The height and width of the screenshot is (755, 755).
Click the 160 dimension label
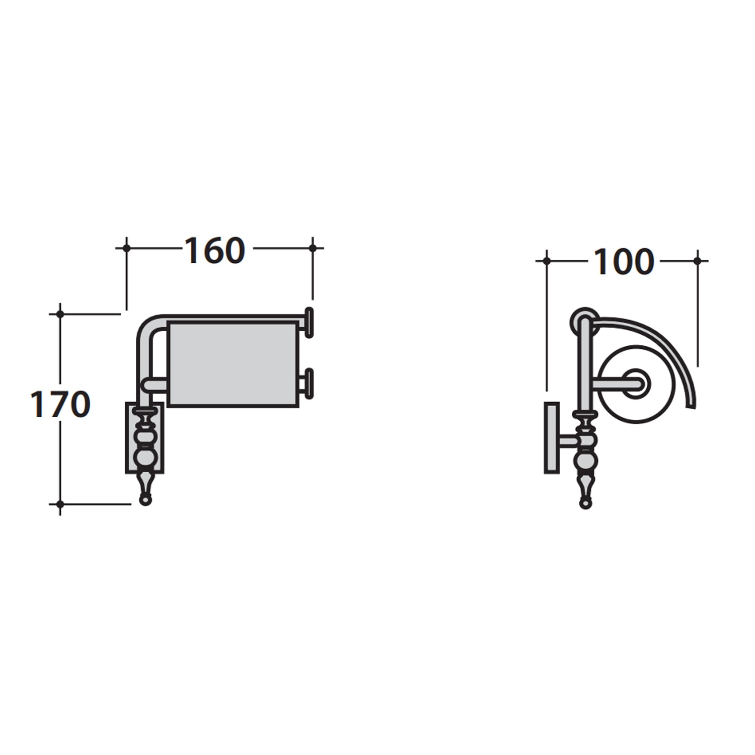215,251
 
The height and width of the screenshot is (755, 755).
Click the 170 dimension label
60,404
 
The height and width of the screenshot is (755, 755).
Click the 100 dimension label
624,262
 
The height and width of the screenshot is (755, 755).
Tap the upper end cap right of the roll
309,322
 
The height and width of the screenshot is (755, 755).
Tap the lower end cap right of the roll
309,384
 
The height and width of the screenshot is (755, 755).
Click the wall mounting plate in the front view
144,437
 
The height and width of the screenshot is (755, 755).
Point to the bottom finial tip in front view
145,500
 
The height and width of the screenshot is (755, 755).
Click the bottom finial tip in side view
585,503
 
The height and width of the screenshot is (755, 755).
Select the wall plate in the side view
552,437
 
